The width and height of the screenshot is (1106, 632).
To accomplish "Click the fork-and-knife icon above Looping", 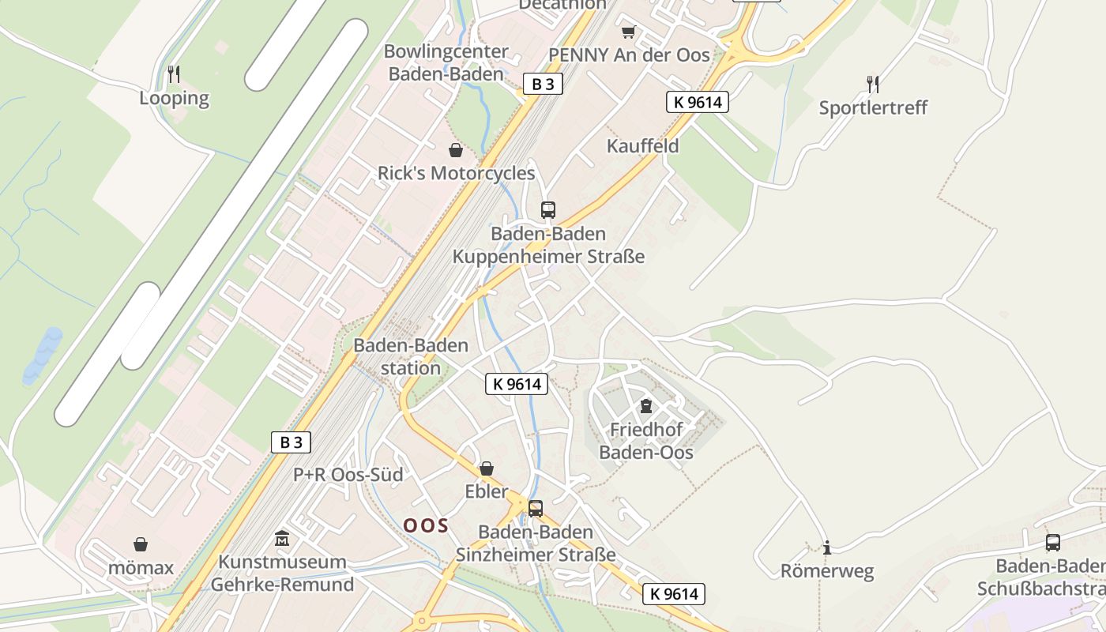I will tap(174, 74).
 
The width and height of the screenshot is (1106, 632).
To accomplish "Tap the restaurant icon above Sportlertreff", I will tap(873, 84).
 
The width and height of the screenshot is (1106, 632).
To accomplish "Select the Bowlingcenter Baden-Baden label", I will tap(446, 63).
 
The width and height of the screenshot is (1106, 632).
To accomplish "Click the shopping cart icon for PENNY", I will tap(628, 32).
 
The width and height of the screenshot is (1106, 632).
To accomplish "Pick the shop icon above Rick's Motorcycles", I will tap(456, 150).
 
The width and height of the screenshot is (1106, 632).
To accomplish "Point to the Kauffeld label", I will tap(642, 146).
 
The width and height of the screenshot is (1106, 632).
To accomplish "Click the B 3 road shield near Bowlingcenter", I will tap(543, 84).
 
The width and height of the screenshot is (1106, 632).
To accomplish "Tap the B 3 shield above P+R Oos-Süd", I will tap(292, 442).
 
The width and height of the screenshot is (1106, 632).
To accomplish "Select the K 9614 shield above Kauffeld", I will tap(696, 102).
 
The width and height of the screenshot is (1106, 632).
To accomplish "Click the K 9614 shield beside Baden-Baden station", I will tap(516, 384).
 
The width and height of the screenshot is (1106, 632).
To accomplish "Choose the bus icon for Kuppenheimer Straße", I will tap(548, 210).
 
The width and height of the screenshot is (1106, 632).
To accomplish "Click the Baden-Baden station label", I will tap(411, 356).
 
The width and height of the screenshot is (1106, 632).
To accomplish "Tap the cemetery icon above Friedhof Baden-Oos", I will tap(646, 406).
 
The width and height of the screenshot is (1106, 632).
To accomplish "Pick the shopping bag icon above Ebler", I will tap(487, 468).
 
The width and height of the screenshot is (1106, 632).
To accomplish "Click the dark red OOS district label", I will tap(426, 525).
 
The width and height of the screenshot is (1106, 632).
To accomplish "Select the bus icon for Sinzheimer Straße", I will tap(536, 509).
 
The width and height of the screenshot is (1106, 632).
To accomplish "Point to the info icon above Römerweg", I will tap(827, 547).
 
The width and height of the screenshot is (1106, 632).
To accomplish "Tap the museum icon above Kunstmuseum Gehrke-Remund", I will tap(282, 539).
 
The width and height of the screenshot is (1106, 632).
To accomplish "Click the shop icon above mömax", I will tap(141, 544).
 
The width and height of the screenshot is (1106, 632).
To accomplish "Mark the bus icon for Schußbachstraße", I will tap(1053, 543).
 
